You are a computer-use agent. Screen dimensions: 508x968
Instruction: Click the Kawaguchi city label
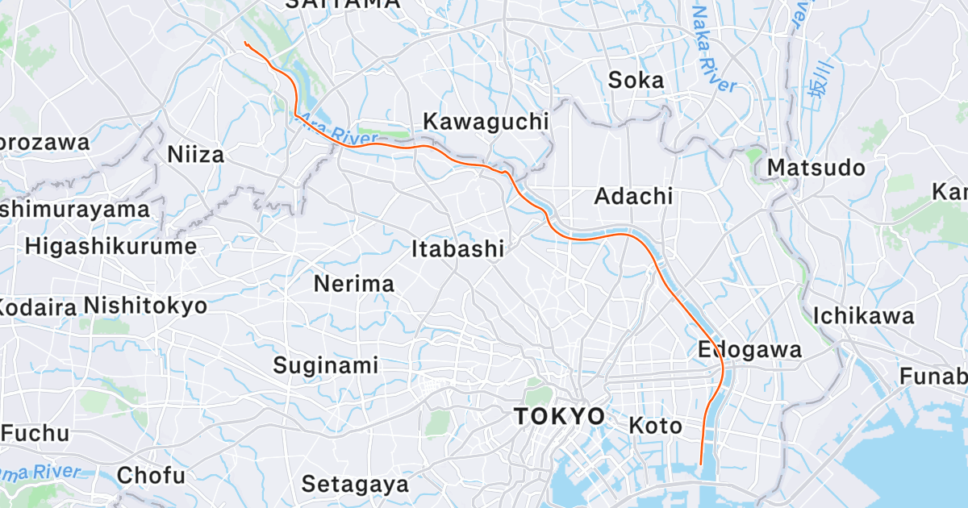(x=486, y=122)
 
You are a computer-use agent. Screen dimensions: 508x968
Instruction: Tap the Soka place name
(x=636, y=80)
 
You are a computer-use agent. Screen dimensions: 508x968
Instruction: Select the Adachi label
(x=633, y=196)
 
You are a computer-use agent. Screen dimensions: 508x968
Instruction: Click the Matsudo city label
(x=816, y=168)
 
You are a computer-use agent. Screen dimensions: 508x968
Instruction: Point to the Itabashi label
(x=457, y=249)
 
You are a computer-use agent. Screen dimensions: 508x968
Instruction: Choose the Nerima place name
(x=354, y=284)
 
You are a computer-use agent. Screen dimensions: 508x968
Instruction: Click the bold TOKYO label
(x=560, y=416)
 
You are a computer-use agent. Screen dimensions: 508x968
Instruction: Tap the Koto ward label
(x=655, y=425)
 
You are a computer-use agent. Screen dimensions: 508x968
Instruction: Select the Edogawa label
(x=749, y=350)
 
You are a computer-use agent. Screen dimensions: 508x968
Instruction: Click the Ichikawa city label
(x=863, y=315)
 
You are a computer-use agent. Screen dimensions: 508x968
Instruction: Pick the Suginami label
(x=325, y=365)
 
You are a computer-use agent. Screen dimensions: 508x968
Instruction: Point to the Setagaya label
(x=355, y=485)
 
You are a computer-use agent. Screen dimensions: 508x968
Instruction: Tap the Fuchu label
(x=35, y=433)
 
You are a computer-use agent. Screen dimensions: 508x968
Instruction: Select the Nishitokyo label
(x=145, y=306)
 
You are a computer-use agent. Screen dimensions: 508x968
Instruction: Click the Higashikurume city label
(x=111, y=246)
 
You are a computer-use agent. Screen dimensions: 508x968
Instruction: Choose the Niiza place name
(x=195, y=154)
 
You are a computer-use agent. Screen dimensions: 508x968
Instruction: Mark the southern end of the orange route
(x=701, y=464)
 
